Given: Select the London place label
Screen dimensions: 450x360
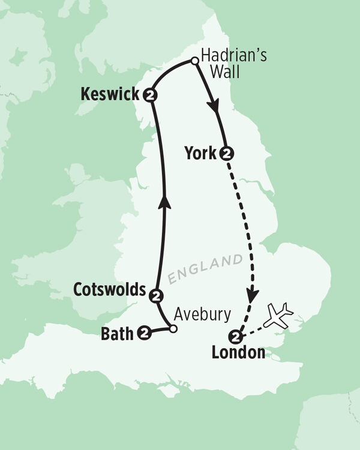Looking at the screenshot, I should (x=238, y=353).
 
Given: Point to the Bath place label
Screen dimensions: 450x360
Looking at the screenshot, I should (x=119, y=332).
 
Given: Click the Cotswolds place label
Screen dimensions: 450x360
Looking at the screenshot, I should (x=109, y=290).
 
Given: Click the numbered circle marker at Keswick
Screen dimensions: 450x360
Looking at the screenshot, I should (x=149, y=95).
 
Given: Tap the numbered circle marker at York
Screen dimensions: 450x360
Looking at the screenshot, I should (x=226, y=153).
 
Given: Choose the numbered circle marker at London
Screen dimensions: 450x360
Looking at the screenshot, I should (x=237, y=336).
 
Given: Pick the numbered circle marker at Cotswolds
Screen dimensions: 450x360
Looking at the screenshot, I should (x=156, y=295).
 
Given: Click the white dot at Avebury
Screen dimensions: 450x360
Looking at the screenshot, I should (x=173, y=329).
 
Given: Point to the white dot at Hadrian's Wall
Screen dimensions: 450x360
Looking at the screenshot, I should (x=194, y=60).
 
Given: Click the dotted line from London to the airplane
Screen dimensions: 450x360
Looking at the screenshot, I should (x=256, y=329).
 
